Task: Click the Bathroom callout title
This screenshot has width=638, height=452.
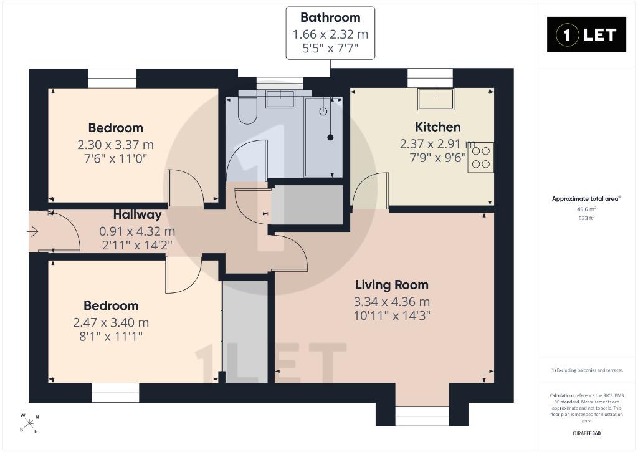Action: (330, 17)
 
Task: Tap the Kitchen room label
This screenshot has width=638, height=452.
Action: (438, 127)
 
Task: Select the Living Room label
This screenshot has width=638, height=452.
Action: (392, 285)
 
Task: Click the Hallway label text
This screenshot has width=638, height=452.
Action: (137, 214)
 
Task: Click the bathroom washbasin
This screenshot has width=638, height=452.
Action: (280, 99)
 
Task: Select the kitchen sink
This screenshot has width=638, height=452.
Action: (436, 99)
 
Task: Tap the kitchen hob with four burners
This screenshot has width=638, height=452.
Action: (480, 158)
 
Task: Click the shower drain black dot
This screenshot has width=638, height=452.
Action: (330, 137)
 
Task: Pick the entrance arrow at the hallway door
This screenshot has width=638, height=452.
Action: (32, 232)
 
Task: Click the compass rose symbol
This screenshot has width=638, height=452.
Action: (29, 423)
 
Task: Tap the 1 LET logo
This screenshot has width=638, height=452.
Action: (586, 35)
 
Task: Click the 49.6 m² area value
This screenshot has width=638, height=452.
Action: (586, 209)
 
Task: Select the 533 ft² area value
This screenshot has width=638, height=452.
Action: (586, 218)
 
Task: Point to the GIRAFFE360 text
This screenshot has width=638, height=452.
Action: (586, 433)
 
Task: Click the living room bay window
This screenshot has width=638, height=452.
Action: (422, 416)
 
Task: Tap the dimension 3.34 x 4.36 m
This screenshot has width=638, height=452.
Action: (392, 302)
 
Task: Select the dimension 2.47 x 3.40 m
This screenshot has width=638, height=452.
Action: (111, 322)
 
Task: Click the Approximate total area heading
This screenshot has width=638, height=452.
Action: (586, 199)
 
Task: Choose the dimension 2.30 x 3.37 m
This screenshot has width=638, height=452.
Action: (115, 145)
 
